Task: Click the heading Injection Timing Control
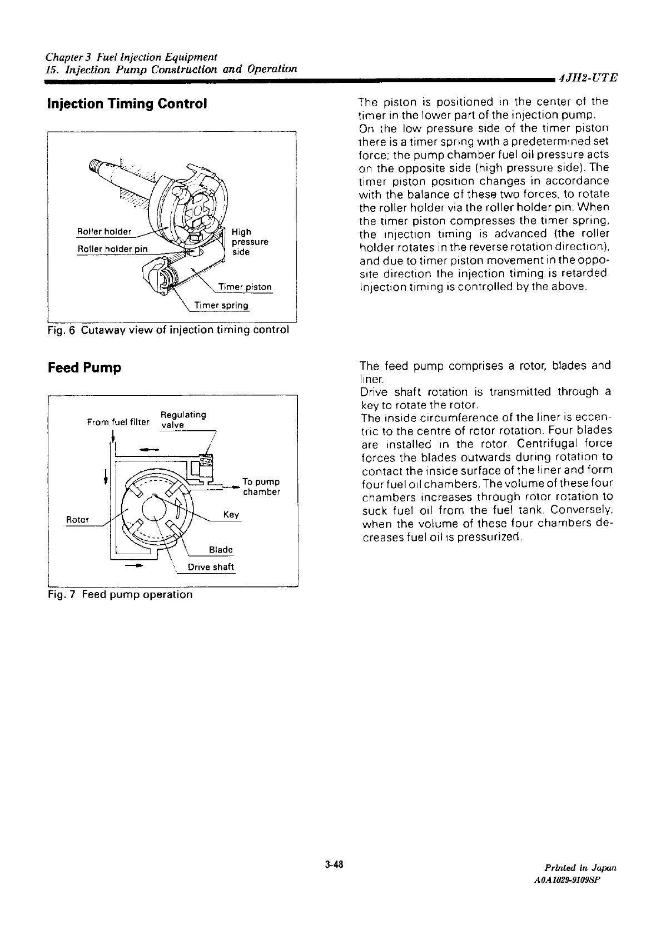pyautogui.click(x=128, y=104)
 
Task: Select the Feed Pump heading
pyautogui.click(x=85, y=368)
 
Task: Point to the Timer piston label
pyautogui.click(x=245, y=287)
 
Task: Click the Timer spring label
pyautogui.click(x=221, y=306)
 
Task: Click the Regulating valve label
pyautogui.click(x=182, y=420)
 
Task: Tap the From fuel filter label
pyautogui.click(x=118, y=422)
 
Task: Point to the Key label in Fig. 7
pyautogui.click(x=231, y=514)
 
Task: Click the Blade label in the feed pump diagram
pyautogui.click(x=221, y=550)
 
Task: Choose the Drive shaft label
pyautogui.click(x=211, y=567)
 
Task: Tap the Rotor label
pyautogui.click(x=77, y=519)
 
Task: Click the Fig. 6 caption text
pyautogui.click(x=168, y=330)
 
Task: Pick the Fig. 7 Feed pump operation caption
pyautogui.click(x=121, y=595)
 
